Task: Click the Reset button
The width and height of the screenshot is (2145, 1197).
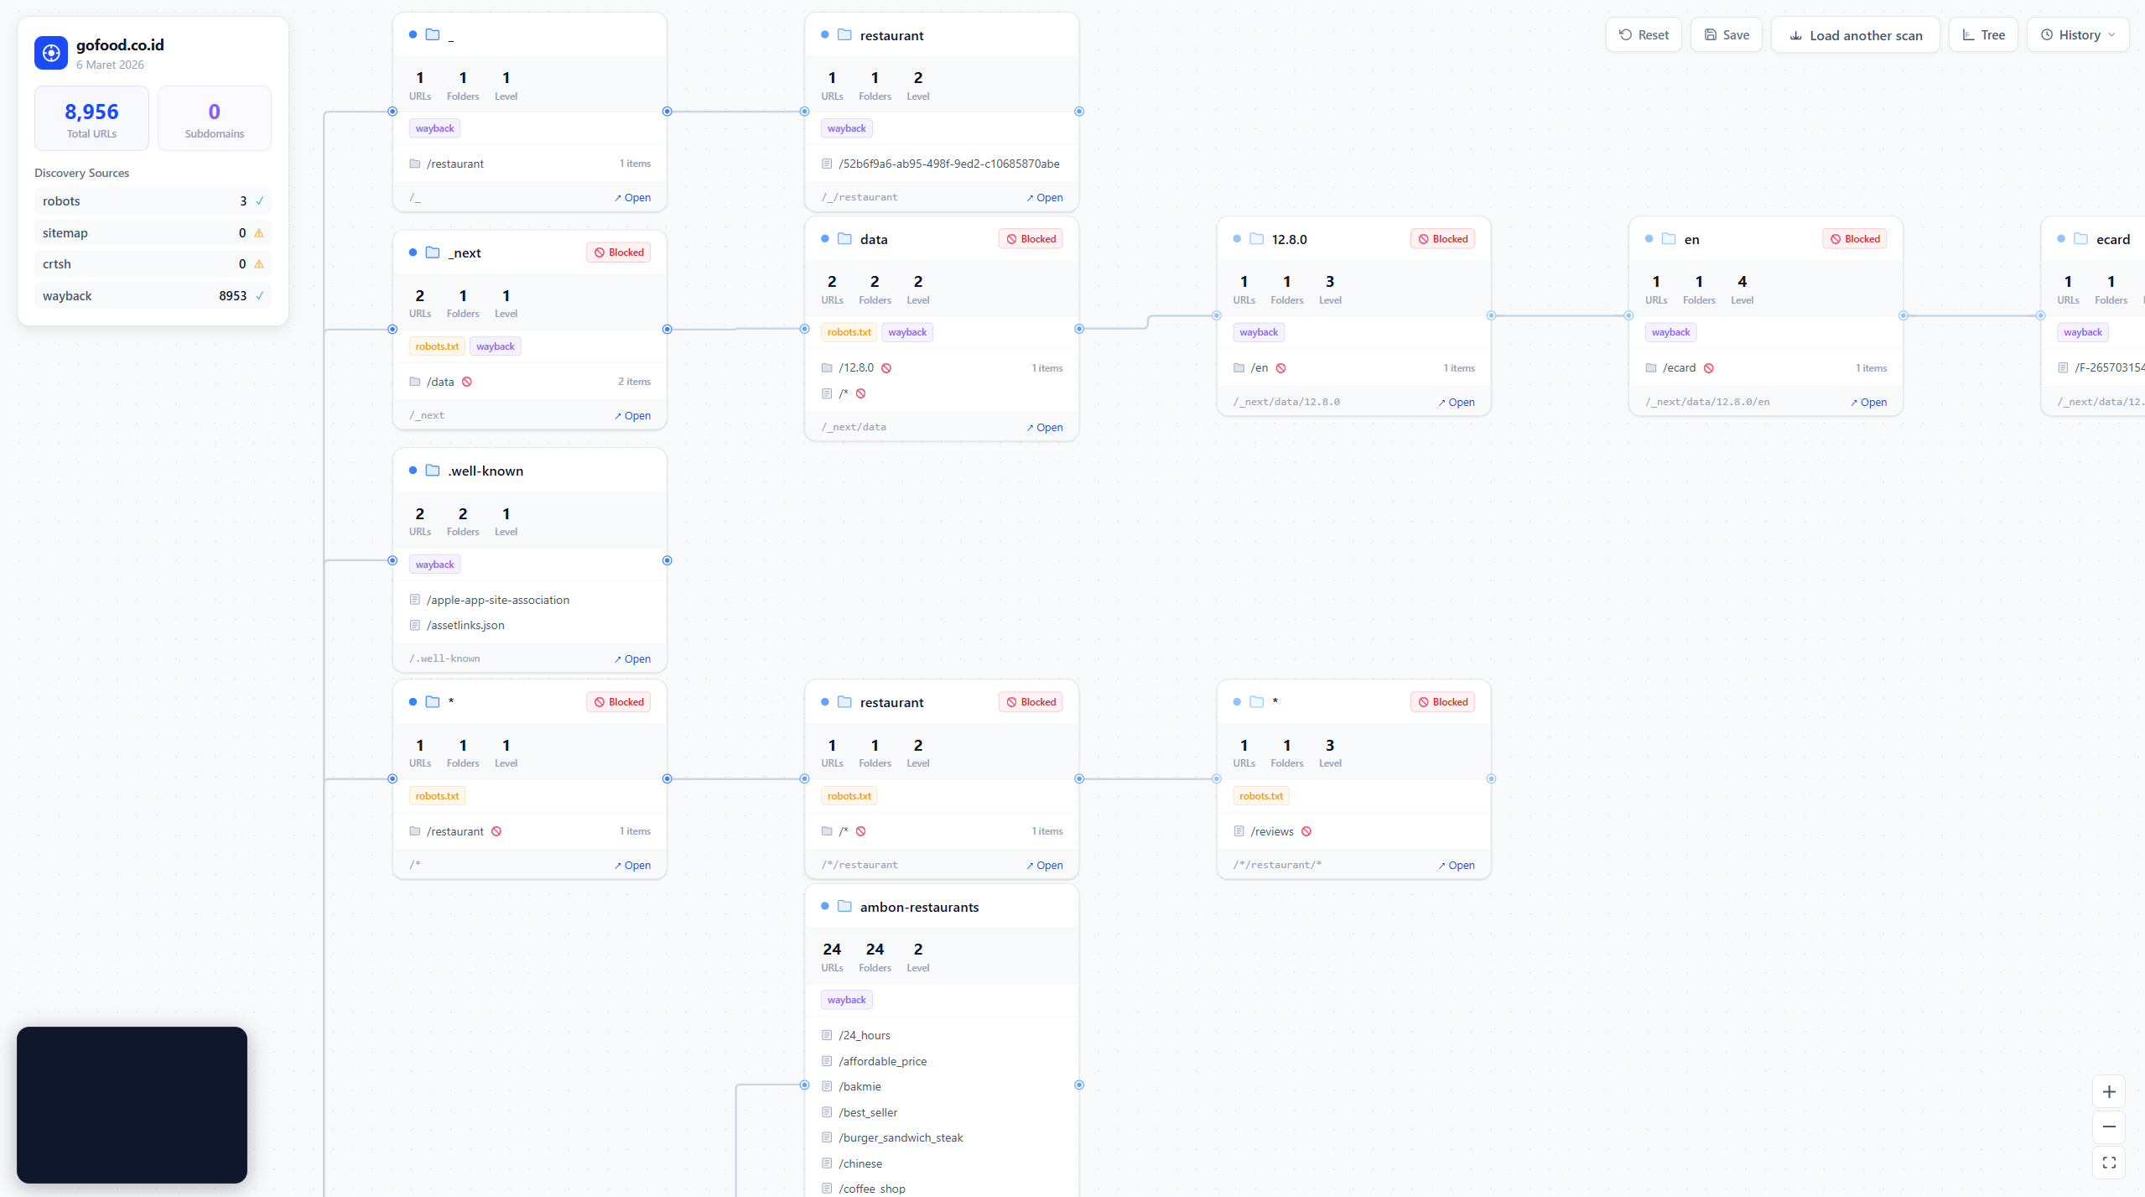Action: (x=1643, y=35)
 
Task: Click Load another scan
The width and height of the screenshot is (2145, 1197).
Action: (x=1855, y=35)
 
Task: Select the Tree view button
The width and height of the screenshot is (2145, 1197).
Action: (x=1983, y=35)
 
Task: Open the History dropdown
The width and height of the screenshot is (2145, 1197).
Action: (x=2077, y=35)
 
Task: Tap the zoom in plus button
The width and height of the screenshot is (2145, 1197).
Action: (x=2108, y=1091)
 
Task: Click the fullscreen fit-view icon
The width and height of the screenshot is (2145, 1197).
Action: (x=2108, y=1163)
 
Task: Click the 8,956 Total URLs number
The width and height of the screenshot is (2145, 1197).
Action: (x=91, y=112)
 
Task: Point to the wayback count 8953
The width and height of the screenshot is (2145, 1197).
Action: (x=232, y=296)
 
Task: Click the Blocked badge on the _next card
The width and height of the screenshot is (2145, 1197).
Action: (x=619, y=252)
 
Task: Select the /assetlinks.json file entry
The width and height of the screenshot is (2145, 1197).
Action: (x=465, y=625)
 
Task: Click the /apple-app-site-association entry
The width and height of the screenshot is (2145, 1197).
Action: (x=497, y=600)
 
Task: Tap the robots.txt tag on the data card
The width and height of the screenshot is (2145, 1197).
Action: (x=849, y=332)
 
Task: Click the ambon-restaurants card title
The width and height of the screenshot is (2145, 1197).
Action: (x=919, y=907)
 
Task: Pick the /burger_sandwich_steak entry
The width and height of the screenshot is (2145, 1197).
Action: (x=901, y=1137)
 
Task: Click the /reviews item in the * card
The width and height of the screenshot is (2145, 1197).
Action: (x=1271, y=831)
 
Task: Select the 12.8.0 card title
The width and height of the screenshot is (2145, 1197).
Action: (x=1289, y=239)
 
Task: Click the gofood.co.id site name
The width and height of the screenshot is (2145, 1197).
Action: (x=120, y=45)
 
